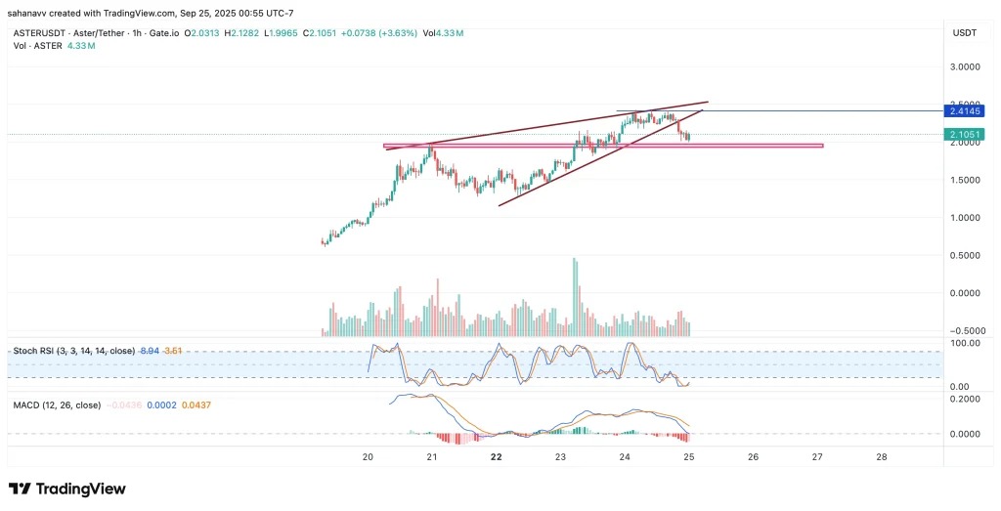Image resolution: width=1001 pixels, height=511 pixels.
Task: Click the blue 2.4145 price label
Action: point(965,110)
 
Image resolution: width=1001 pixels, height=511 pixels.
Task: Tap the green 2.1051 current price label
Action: point(965,134)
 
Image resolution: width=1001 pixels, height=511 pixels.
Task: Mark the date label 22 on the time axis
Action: point(496,456)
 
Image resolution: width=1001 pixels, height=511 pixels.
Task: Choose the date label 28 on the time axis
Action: point(882,456)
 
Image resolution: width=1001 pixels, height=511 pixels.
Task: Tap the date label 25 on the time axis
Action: point(688,456)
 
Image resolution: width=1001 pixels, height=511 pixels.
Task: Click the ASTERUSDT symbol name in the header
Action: point(44,33)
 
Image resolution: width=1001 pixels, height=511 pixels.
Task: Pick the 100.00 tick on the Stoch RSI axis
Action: point(965,343)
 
